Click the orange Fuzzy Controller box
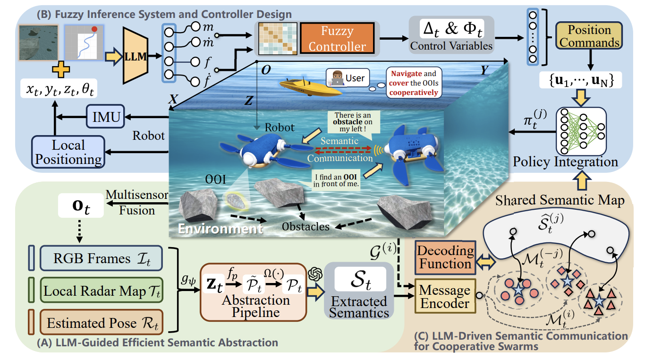[337, 39]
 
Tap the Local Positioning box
[68, 152]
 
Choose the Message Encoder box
[444, 297]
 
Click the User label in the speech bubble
[356, 78]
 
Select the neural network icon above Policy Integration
[580, 131]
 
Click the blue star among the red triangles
[599, 300]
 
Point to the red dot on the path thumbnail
[95, 30]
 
